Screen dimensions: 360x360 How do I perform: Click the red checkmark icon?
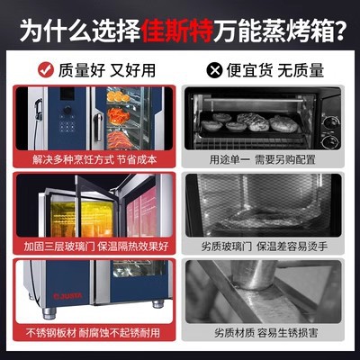click(46, 70)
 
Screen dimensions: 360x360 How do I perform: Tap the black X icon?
click(214, 71)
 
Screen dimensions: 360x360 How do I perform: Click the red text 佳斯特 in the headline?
click(177, 31)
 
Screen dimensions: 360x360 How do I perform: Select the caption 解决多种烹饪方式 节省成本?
click(94, 159)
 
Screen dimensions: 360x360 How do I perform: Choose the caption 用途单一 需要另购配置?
click(262, 159)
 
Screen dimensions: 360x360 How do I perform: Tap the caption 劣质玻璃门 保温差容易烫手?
click(265, 247)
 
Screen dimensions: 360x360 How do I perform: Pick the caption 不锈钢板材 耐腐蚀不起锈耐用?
click(93, 333)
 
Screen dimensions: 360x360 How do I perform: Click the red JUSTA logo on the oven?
click(67, 296)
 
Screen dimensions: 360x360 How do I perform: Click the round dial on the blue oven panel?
click(67, 110)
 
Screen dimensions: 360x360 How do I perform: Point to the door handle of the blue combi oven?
click(98, 127)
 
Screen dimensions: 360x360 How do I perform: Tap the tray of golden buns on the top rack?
click(119, 97)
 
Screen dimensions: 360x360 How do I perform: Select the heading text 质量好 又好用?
click(107, 71)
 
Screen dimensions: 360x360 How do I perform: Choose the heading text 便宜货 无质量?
click(275, 71)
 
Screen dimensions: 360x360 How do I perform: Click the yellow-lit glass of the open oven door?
click(82, 219)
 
